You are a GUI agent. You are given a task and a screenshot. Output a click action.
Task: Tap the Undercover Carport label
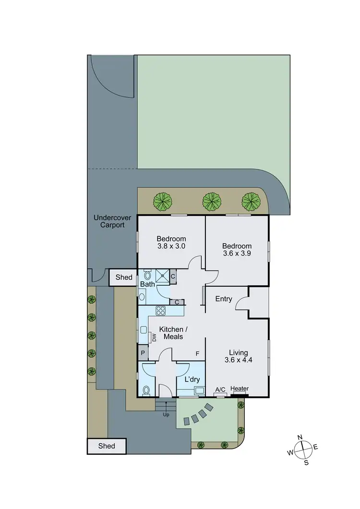(109, 221)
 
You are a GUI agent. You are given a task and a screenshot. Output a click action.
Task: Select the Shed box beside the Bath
(124, 277)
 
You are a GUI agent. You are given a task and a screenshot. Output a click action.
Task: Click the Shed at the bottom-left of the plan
(107, 446)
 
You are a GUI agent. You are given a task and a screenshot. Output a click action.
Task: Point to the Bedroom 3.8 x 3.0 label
(171, 242)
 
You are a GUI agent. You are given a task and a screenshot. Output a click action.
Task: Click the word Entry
(224, 299)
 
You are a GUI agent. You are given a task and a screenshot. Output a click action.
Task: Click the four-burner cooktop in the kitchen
(160, 311)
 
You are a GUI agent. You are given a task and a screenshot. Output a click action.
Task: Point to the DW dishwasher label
(154, 338)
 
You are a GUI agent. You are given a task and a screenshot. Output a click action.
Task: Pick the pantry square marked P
(143, 353)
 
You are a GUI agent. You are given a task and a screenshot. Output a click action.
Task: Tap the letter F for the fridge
(197, 354)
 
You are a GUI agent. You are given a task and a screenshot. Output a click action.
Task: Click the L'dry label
(192, 379)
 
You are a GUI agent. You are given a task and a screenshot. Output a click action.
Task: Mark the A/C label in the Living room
(220, 389)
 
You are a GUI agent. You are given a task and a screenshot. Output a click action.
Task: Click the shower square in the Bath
(162, 276)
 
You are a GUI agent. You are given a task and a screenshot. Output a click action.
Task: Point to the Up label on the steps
(166, 414)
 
